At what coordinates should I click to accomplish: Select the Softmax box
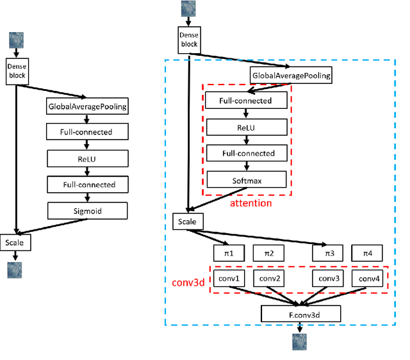pyautogui.click(x=246, y=180)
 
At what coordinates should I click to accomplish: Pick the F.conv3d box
pyautogui.click(x=300, y=314)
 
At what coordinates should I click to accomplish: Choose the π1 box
pyautogui.click(x=229, y=253)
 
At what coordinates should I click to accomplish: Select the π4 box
pyautogui.click(x=368, y=253)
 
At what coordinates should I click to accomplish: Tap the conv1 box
pyautogui.click(x=229, y=279)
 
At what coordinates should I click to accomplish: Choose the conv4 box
pyautogui.click(x=368, y=279)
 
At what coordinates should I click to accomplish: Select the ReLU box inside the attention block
pyautogui.click(x=246, y=127)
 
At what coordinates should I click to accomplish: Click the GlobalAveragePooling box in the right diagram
pyautogui.click(x=291, y=76)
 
